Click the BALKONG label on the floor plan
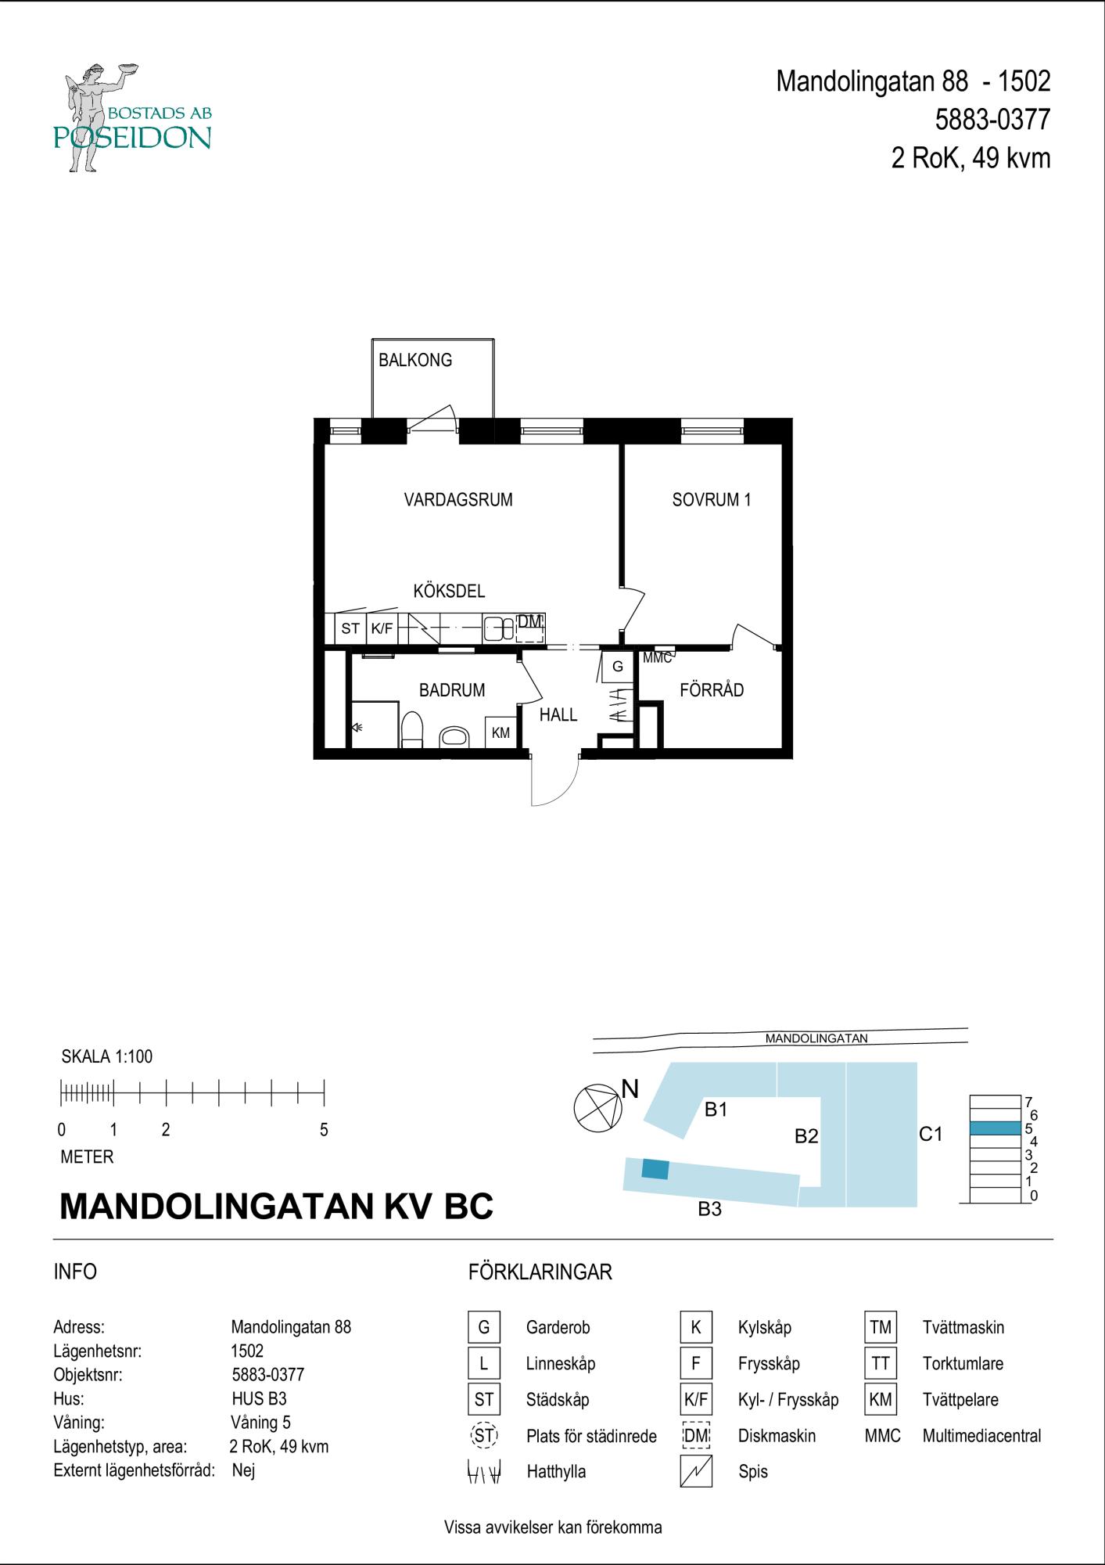415,361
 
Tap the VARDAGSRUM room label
458,500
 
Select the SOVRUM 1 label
712,500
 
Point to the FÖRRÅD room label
712,690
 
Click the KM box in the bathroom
500,733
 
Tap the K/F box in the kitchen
382,628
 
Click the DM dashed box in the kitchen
529,628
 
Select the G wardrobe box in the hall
618,667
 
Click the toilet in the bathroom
411,729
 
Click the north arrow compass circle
598,1108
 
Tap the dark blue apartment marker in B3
655,1169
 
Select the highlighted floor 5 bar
996,1128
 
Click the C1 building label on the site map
931,1134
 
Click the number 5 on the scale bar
324,1130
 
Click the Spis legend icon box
696,1472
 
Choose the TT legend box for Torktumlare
881,1364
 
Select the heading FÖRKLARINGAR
540,1272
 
